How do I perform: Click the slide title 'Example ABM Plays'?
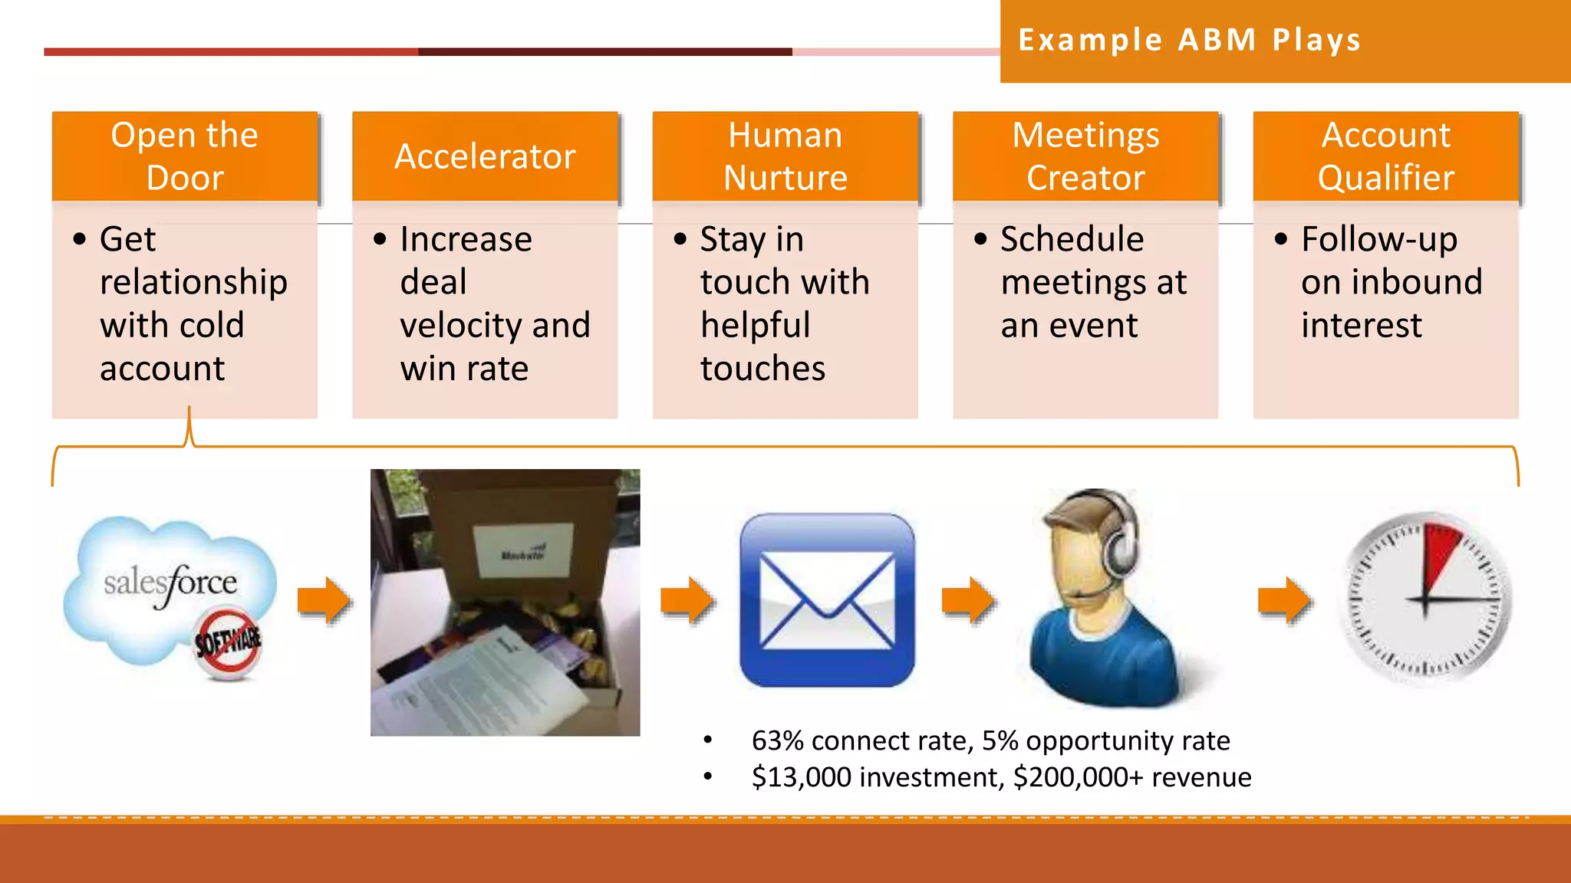[x=1189, y=40]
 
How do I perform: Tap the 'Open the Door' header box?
[x=185, y=156]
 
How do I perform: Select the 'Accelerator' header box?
[x=485, y=156]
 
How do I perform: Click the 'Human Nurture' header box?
[x=785, y=156]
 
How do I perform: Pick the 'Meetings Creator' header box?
[x=1085, y=156]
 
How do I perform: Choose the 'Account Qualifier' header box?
[x=1385, y=156]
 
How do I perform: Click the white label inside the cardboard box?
[x=524, y=550]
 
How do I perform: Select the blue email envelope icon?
[x=827, y=600]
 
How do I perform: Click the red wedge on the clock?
[x=1440, y=552]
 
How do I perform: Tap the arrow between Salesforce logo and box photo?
[x=324, y=599]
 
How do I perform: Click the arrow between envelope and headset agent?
[x=969, y=599]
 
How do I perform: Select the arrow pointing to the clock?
[x=1285, y=599]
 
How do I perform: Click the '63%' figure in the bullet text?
[x=777, y=741]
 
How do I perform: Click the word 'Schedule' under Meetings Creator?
[x=1072, y=239]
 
